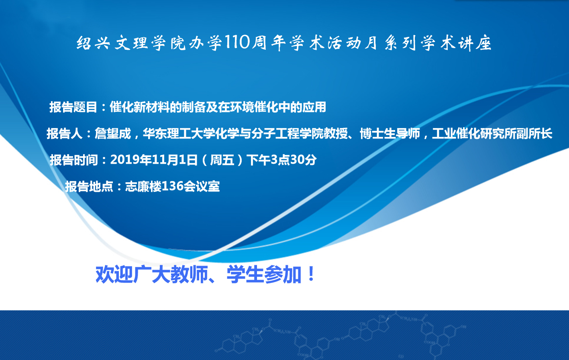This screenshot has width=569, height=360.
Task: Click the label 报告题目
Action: pyautogui.click(x=73, y=107)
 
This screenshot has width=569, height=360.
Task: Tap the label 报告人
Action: pyautogui.click(x=65, y=134)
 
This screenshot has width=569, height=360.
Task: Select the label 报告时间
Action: pyautogui.click(x=74, y=160)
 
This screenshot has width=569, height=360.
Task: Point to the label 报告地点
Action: pyautogui.click(x=89, y=187)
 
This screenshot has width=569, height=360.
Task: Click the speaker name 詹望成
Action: pyautogui.click(x=113, y=134)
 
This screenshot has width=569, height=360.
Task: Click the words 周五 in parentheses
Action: pyautogui.click(x=222, y=160)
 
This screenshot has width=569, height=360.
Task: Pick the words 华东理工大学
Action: pyautogui.click(x=179, y=134)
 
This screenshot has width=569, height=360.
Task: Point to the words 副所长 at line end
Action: pyautogui.click(x=534, y=134)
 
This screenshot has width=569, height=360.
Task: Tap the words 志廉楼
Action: pyautogui.click(x=143, y=187)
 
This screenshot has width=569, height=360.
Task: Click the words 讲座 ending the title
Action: pyautogui.click(x=475, y=43)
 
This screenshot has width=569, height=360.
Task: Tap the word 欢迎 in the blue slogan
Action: pyautogui.click(x=114, y=275)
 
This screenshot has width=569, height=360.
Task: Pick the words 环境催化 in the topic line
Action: pyautogui.click(x=254, y=107)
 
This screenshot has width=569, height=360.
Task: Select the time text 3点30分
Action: pyautogui.click(x=294, y=160)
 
